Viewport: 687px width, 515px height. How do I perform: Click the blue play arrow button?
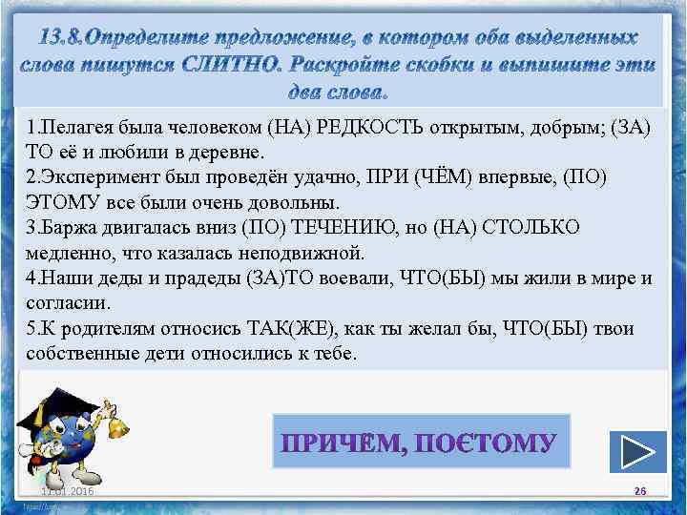(x=636, y=448)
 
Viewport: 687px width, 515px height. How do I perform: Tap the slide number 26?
(x=640, y=490)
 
